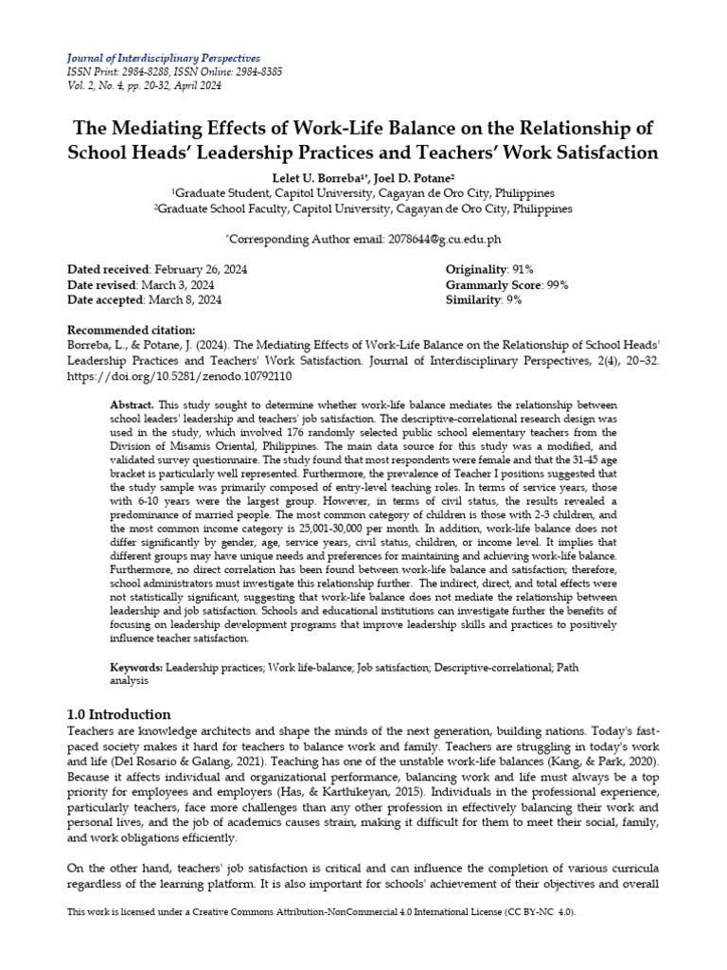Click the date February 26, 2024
click(200, 270)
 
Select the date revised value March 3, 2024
click(178, 285)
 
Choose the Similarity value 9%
click(513, 300)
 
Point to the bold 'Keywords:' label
click(135, 669)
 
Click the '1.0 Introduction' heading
click(120, 714)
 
